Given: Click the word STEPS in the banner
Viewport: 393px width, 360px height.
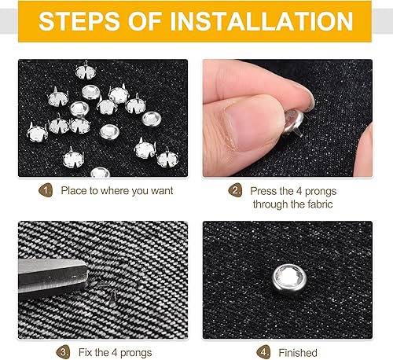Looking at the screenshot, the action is click(x=79, y=21).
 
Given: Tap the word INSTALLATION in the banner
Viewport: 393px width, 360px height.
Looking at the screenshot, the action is click(x=262, y=21).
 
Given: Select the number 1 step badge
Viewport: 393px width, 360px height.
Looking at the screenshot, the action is click(x=46, y=190).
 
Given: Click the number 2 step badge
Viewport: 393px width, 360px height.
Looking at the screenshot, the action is click(x=235, y=190).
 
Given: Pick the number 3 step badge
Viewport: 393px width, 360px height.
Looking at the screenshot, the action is click(x=63, y=352).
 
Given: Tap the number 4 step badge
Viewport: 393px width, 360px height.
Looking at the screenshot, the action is click(x=263, y=352).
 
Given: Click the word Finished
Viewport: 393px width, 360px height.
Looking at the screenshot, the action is click(x=298, y=353).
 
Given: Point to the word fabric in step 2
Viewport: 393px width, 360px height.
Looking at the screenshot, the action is click(x=320, y=204).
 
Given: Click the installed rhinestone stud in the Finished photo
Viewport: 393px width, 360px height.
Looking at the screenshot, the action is click(x=289, y=279).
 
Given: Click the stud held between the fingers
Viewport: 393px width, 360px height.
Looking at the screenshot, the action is click(x=293, y=123).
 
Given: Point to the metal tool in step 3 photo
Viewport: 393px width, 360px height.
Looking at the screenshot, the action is click(x=53, y=277).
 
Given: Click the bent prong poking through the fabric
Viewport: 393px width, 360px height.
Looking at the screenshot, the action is click(x=113, y=296).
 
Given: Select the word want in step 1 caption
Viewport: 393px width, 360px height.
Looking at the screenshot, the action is click(x=162, y=191).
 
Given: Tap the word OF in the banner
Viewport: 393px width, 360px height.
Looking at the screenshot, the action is click(x=145, y=21).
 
